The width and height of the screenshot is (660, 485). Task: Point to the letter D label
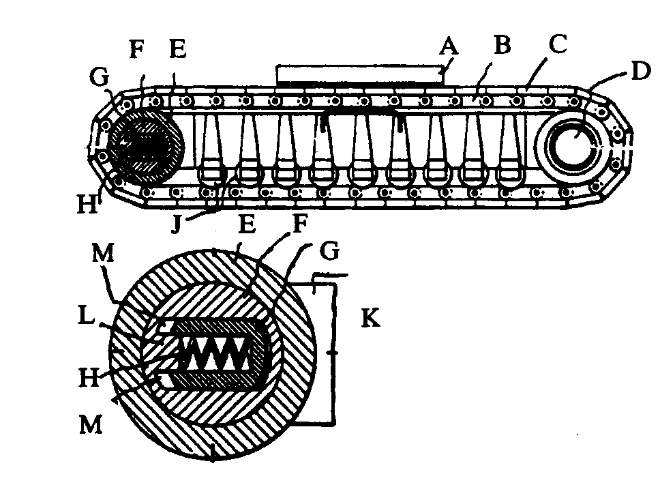pos(637,70)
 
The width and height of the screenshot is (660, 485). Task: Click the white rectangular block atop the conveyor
pos(360,74)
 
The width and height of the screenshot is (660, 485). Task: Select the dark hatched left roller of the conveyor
pos(145,145)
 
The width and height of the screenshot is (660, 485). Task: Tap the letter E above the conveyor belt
pos(179,49)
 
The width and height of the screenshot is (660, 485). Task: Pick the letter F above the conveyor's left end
pos(136,49)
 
